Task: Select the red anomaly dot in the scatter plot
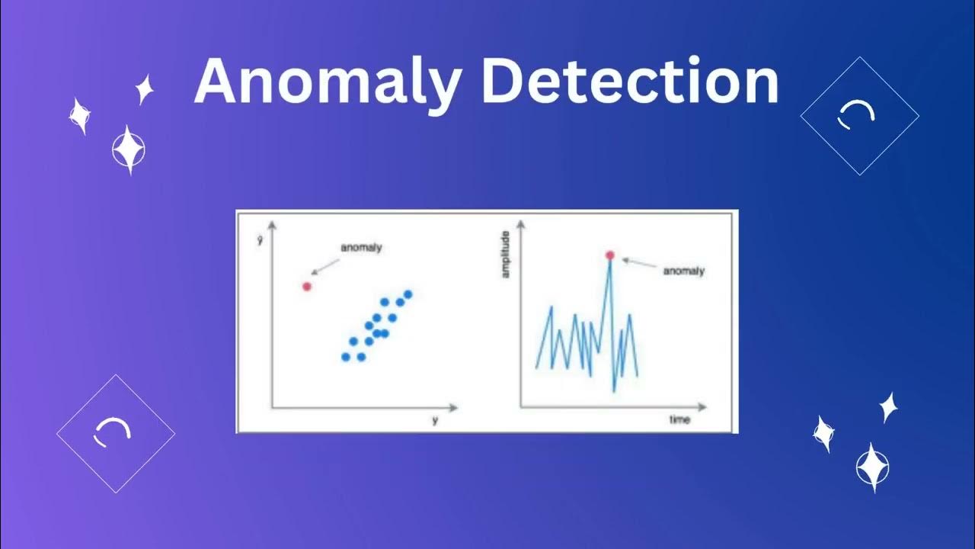[x=307, y=287]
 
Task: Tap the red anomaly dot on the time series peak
[x=609, y=255]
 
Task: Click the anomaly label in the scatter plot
[x=360, y=248]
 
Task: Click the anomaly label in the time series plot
[x=683, y=271]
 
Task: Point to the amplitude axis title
[x=506, y=255]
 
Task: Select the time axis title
[x=679, y=420]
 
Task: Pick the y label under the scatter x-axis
[x=435, y=420]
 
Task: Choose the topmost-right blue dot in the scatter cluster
[x=408, y=294]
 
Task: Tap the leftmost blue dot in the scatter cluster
[x=346, y=356]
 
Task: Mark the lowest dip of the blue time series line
[x=614, y=390]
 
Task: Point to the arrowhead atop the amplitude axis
[x=522, y=224]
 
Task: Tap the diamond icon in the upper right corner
[x=859, y=116]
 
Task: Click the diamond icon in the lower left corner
[x=116, y=433]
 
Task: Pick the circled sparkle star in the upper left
[x=128, y=149]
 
